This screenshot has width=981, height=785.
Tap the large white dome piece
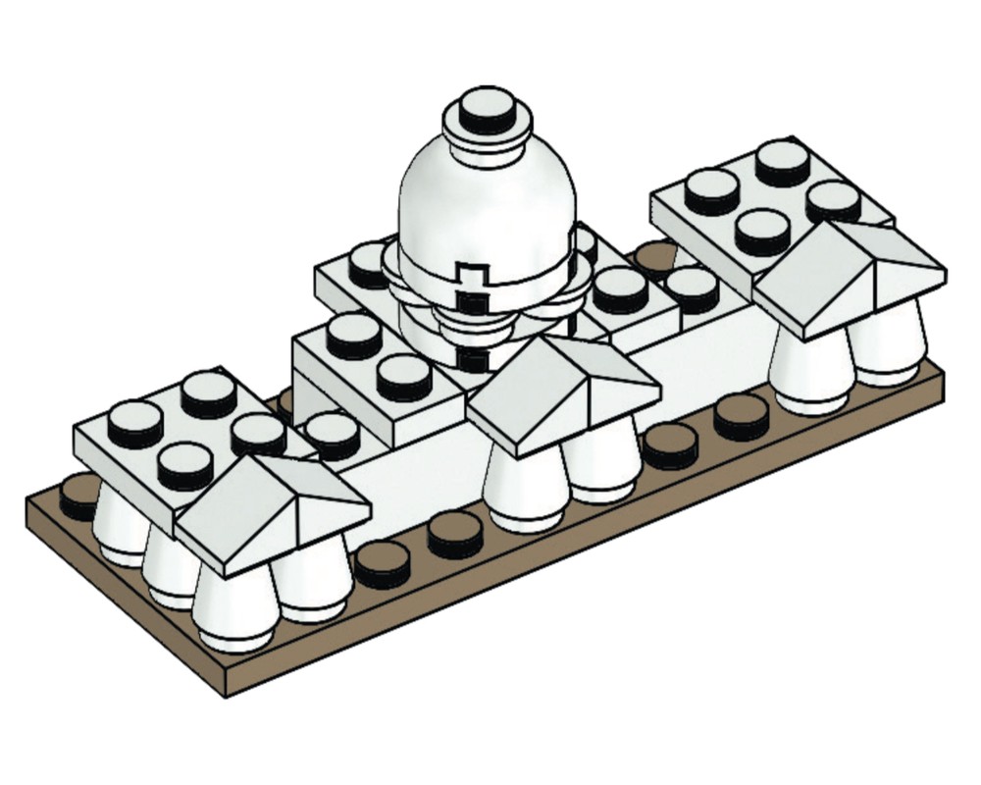click(486, 206)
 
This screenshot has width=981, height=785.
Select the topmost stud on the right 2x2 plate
click(783, 161)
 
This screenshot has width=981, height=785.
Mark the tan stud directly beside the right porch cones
click(740, 416)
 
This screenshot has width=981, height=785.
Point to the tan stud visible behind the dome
click(653, 257)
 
